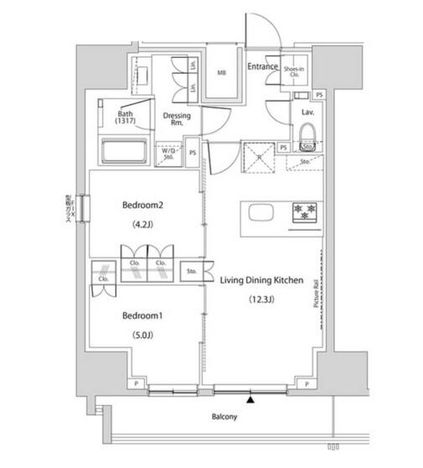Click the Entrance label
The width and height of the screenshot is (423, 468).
[262, 65]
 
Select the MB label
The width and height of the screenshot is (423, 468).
[222, 73]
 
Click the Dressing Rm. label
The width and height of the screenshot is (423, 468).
[177, 119]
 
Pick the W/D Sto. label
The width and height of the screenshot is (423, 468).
[168, 153]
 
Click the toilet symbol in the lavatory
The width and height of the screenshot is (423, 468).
[306, 133]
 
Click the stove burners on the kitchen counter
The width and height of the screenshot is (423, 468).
[302, 211]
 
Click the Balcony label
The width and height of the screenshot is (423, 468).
[224, 417]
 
